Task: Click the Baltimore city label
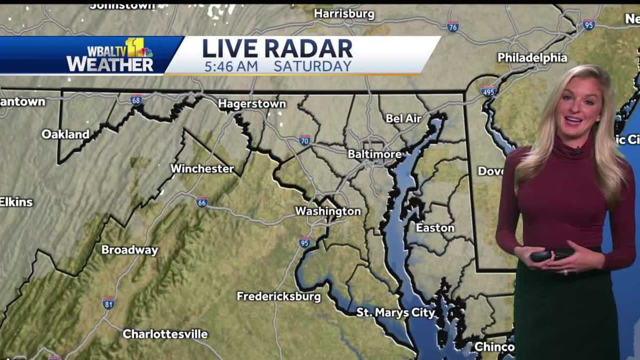[x=374, y=154]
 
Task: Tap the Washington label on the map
[x=328, y=211]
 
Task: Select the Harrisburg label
[x=345, y=13]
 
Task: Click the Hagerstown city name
[x=252, y=104]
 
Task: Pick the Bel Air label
[x=404, y=118]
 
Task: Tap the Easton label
[x=435, y=228]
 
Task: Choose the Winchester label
[x=202, y=169]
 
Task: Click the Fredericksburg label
[x=279, y=296]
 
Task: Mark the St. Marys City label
[x=396, y=313]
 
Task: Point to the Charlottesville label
[x=165, y=334]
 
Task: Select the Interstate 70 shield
[x=305, y=140]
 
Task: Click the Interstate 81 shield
[x=108, y=303]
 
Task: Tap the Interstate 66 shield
[x=202, y=202]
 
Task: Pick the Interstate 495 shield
[x=488, y=91]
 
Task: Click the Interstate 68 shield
[x=137, y=100]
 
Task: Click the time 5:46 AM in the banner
[x=231, y=66]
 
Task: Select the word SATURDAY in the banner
[x=313, y=66]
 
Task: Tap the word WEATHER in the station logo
[x=110, y=64]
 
